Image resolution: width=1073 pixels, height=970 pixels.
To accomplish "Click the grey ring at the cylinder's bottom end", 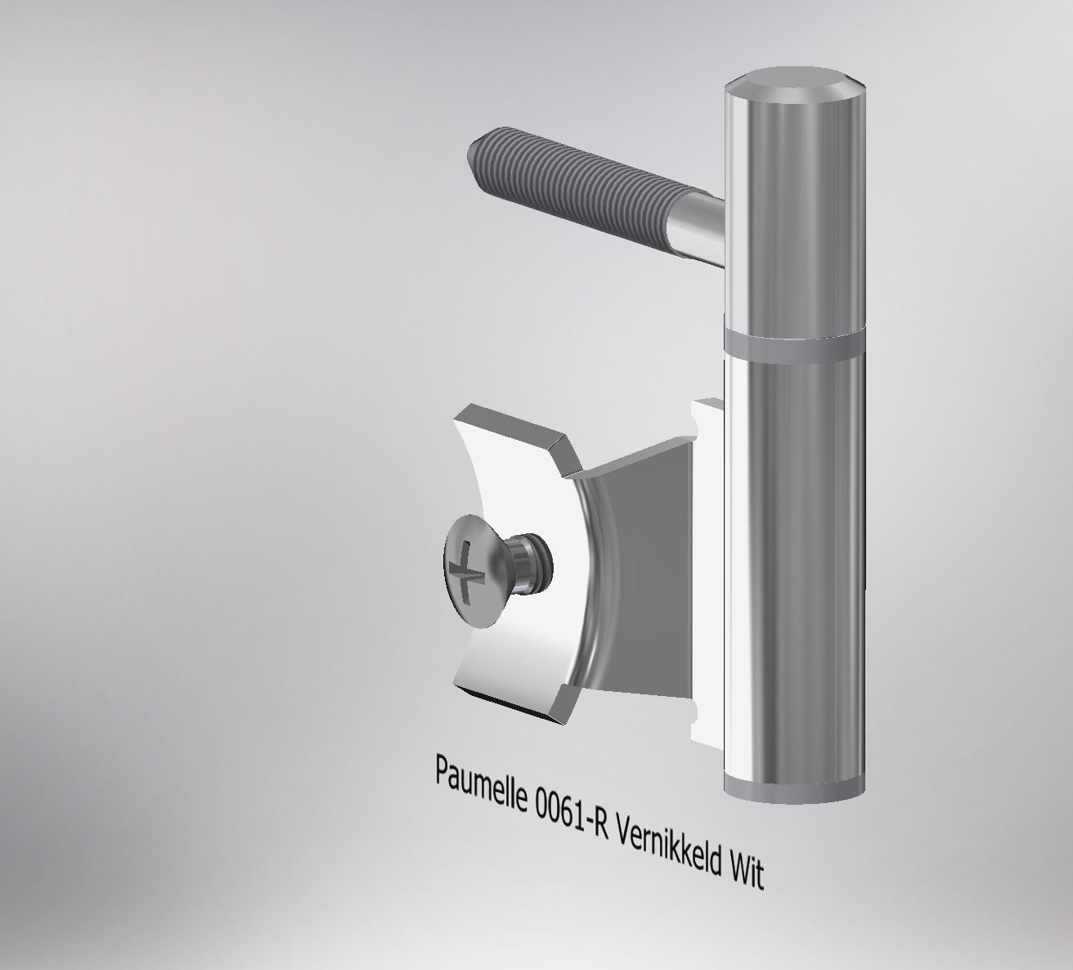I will (792, 790).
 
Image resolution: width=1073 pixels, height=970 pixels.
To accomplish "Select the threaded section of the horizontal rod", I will (572, 185).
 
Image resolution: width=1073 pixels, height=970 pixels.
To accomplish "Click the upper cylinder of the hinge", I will (792, 213).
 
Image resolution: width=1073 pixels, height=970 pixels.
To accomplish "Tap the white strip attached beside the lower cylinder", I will (708, 573).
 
